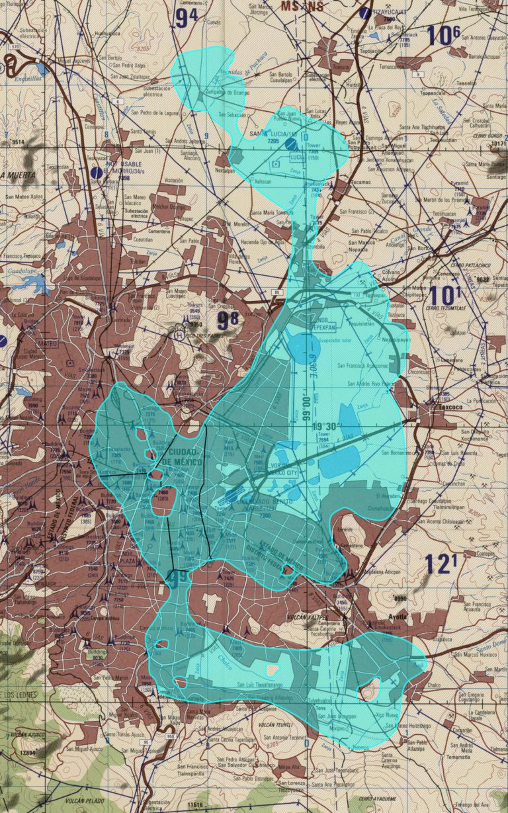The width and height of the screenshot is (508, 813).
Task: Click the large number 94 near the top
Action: click(187, 18)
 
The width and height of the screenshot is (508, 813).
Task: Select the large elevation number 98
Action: click(228, 321)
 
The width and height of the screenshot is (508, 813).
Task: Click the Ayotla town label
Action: click(397, 617)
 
